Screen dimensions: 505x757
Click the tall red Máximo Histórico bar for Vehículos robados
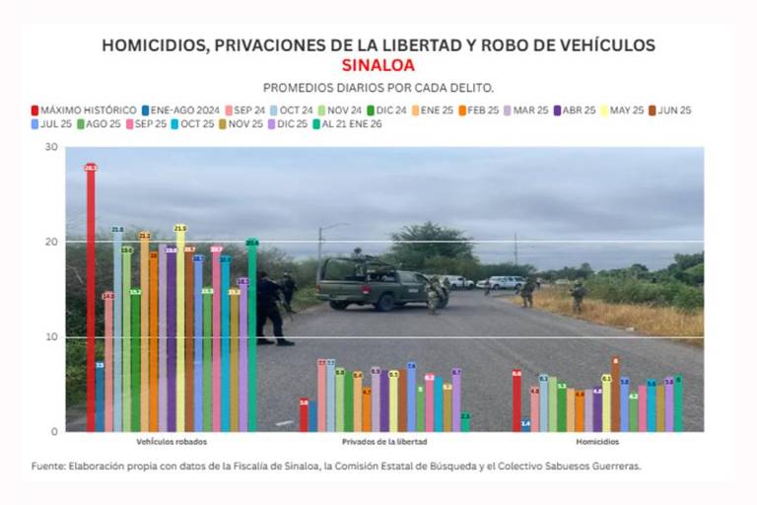[91, 296]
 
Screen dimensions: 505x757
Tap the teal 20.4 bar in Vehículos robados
[252, 335]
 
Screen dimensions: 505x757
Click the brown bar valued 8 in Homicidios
[615, 395]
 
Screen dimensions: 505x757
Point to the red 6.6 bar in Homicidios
[516, 400]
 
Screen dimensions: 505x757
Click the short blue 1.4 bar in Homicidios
[525, 425]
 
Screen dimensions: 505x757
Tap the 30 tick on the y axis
[52, 147]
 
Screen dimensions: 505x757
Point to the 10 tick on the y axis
[52, 336]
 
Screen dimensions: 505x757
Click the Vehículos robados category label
[165, 442]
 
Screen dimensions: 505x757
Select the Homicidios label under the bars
[598, 442]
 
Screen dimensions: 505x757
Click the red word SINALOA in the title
[378, 66]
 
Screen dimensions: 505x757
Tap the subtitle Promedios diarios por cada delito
[378, 88]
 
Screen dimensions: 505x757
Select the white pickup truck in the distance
[504, 282]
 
